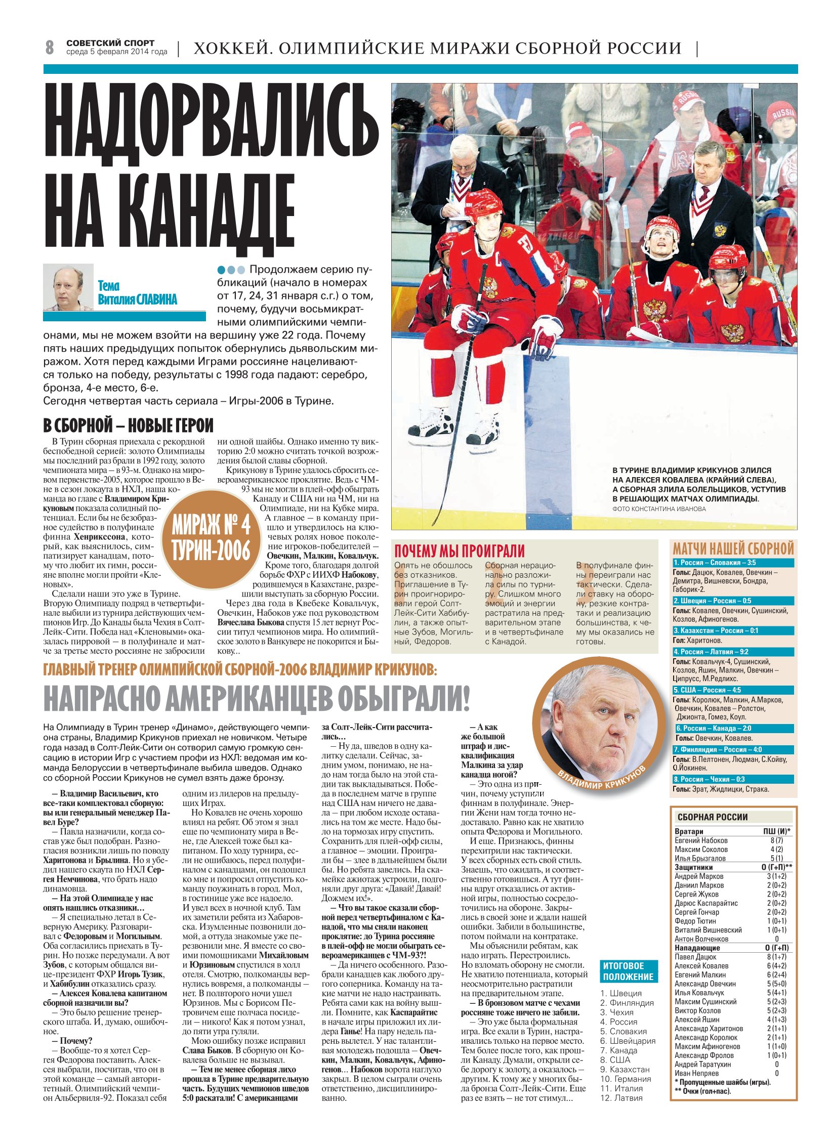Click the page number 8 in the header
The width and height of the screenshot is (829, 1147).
pos(50,47)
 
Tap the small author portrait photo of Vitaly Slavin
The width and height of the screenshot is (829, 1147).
pos(68,287)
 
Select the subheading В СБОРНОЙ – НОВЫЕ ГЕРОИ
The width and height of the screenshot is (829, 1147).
pos(128,425)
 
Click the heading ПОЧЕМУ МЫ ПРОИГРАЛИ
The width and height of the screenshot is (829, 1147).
pos(459,551)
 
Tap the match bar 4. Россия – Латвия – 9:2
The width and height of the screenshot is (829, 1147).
pos(732,652)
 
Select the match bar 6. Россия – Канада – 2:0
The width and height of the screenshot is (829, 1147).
pos(734,728)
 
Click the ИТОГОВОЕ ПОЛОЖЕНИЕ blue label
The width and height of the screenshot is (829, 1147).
pos(628,971)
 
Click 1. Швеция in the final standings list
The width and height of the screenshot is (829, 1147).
pos(620,993)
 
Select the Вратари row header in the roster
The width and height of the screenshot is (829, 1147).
pos(689,831)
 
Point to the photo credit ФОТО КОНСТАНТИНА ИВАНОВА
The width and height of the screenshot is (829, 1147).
pos(658,509)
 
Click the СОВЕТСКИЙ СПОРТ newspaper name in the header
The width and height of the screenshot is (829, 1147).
pos(110,43)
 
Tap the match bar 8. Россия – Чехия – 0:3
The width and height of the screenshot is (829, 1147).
pos(732,779)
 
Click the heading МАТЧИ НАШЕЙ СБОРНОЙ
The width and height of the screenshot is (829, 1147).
pos(733,548)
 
